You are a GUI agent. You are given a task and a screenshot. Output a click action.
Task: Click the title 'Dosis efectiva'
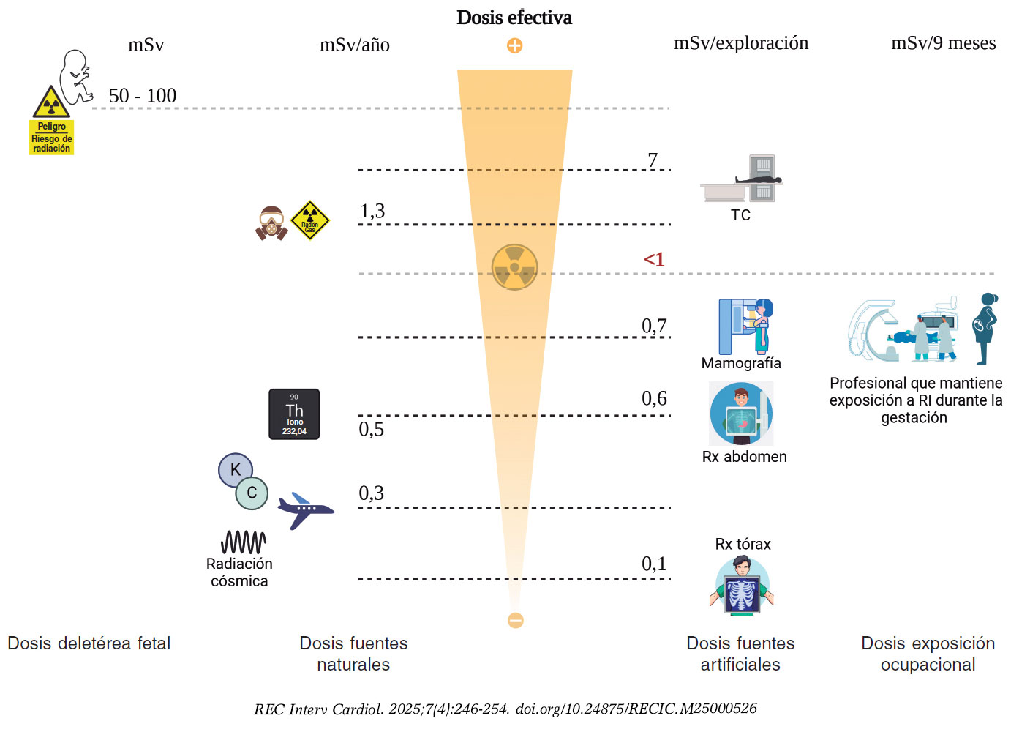(514, 18)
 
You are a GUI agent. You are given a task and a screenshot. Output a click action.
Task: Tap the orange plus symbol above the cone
(515, 45)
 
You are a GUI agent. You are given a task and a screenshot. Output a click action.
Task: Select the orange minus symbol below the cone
(516, 620)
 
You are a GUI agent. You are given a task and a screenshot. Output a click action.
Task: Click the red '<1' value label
(654, 259)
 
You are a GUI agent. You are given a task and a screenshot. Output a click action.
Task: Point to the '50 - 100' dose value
(143, 96)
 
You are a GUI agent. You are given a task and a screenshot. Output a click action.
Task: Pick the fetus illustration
(76, 76)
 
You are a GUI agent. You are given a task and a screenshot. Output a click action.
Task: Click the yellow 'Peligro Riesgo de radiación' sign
(51, 138)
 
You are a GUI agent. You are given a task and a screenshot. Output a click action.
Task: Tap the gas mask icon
(271, 223)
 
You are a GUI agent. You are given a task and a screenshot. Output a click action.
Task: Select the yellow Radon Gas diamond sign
(310, 220)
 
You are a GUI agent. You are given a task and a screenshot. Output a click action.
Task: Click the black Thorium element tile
(294, 414)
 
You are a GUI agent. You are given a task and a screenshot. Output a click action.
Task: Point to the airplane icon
(305, 509)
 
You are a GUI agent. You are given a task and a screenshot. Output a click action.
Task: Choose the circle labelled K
(235, 470)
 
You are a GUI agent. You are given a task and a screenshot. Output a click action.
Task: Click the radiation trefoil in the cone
(514, 267)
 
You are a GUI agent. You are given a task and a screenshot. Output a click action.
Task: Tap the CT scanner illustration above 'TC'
(743, 179)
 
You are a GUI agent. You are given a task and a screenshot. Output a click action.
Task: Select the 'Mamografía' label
(741, 363)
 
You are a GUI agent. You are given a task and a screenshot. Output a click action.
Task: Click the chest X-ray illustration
(742, 586)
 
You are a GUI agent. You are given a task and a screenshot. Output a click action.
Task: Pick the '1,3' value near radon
(372, 212)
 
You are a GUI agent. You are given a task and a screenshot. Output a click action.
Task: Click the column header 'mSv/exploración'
(741, 43)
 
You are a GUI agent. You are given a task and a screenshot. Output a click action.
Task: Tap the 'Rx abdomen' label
(744, 457)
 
